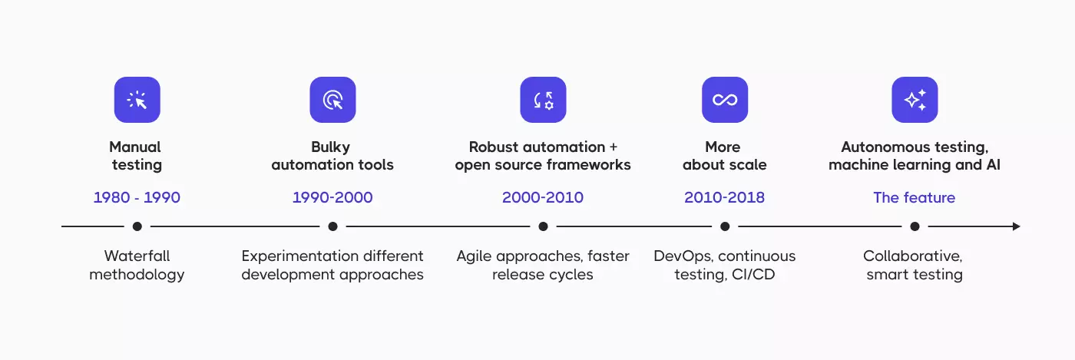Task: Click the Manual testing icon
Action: [x=137, y=100]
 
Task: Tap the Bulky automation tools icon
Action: [x=332, y=100]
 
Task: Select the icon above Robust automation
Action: [x=543, y=100]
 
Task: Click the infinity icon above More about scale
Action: [x=725, y=100]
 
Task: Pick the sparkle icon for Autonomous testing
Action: [x=915, y=100]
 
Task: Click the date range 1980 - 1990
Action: [x=137, y=197]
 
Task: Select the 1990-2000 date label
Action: [x=332, y=197]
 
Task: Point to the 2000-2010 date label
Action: [x=543, y=197]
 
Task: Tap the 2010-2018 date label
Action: [x=725, y=197]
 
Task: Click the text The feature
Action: [x=915, y=197]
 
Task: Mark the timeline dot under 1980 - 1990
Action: [x=137, y=226]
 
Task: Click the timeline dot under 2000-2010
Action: [x=543, y=226]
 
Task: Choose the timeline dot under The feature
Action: [x=915, y=226]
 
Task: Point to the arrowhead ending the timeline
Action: [x=1017, y=226]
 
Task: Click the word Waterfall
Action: [x=137, y=256]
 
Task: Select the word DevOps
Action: [x=683, y=256]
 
